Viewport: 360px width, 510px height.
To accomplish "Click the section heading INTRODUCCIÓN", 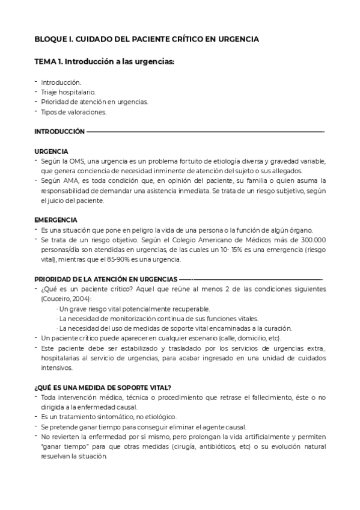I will pyautogui.click(x=59, y=131).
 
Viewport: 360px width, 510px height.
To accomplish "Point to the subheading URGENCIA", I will pyautogui.click(x=51, y=151).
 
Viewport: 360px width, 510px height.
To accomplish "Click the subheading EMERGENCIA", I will pyautogui.click(x=55, y=220).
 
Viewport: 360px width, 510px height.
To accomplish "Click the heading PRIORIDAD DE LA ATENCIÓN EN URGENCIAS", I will pyautogui.click(x=106, y=279).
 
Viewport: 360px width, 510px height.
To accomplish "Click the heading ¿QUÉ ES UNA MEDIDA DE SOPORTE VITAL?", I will pyautogui.click(x=103, y=387).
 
